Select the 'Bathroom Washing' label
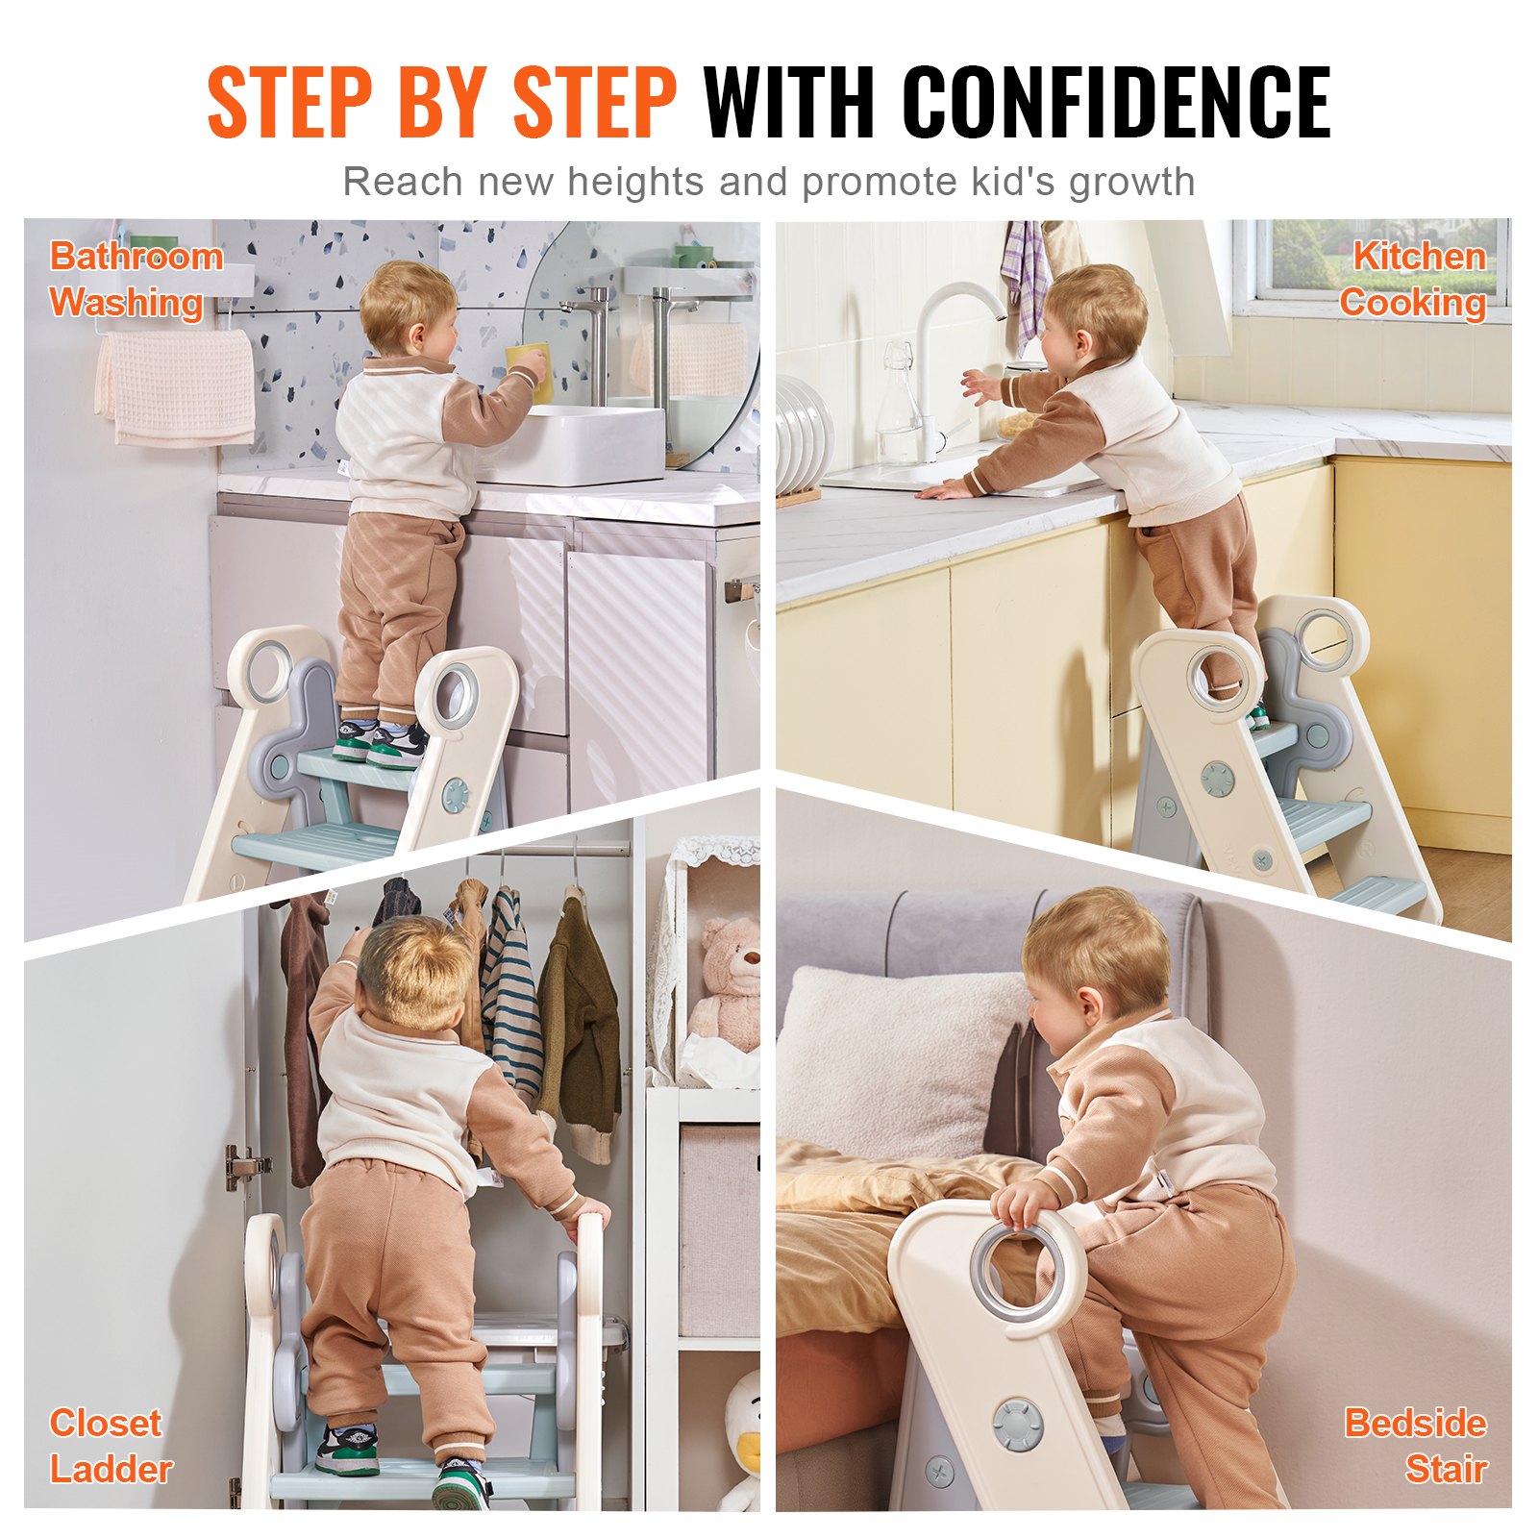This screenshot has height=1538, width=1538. [x=135, y=279]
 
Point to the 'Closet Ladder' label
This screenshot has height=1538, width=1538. [x=109, y=1446]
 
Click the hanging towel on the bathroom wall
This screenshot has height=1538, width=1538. [x=177, y=387]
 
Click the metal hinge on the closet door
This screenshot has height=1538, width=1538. [x=244, y=1166]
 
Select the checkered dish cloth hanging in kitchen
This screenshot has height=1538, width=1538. [x=1026, y=279]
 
